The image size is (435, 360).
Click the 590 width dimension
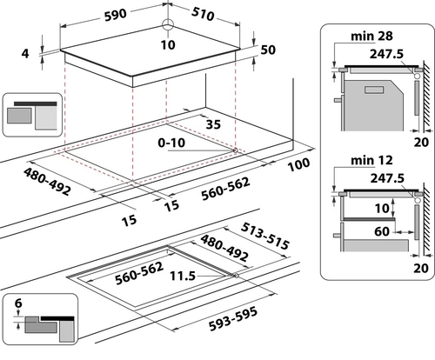(116, 15)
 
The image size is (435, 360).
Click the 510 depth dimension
(203, 14)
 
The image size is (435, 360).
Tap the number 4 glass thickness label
(25, 54)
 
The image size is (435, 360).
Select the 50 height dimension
(268, 50)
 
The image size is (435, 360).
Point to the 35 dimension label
(213, 124)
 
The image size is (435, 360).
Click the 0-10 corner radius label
(171, 143)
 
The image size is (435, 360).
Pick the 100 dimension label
(298, 164)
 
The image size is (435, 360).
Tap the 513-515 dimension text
(265, 236)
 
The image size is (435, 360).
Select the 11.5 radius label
(183, 276)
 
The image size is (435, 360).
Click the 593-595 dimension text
(233, 319)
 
